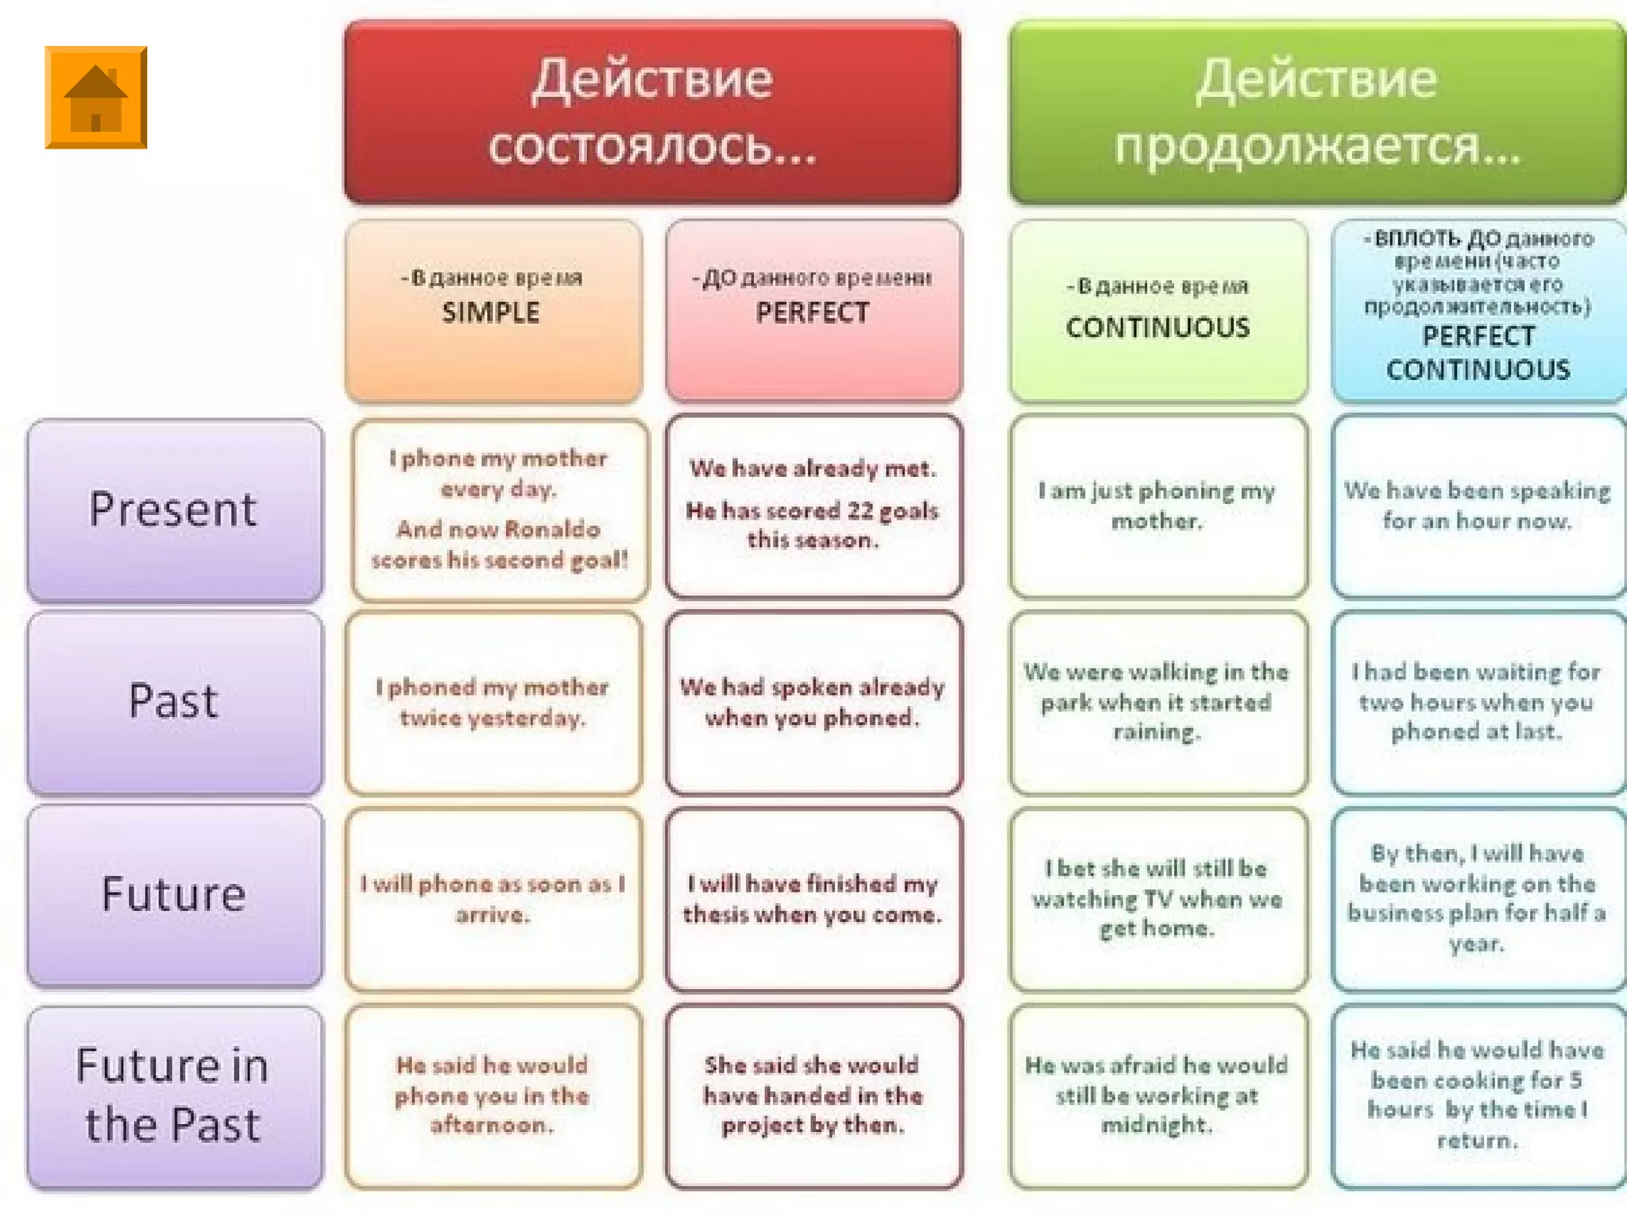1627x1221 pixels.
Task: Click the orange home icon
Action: point(95,97)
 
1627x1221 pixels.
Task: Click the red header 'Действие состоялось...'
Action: point(651,111)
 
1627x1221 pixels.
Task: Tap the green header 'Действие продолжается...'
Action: point(1317,111)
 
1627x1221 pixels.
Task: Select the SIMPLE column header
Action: point(493,310)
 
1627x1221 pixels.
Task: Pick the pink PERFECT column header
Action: point(813,310)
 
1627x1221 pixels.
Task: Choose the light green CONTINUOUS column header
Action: point(1158,310)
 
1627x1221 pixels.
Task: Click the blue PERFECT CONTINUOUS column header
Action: point(1478,310)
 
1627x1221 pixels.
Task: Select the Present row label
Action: point(174,510)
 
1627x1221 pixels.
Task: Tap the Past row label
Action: point(174,702)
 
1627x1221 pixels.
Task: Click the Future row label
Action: point(174,895)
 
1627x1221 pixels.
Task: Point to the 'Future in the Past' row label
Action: point(174,1095)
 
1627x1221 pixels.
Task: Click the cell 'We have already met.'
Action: point(813,506)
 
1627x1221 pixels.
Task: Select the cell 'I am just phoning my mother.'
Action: point(1157,506)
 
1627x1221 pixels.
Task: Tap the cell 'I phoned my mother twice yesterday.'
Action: point(493,702)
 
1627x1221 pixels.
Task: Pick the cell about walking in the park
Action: point(1157,702)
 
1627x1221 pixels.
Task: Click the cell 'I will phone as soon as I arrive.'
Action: point(493,899)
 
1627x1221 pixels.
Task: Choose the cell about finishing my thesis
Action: point(813,899)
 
